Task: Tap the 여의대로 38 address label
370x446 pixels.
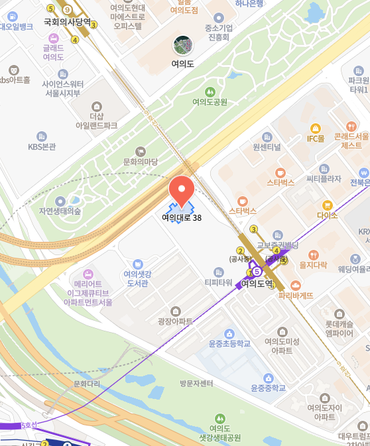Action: click(x=182, y=217)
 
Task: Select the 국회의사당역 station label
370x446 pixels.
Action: click(x=67, y=22)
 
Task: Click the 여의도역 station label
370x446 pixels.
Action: click(x=257, y=283)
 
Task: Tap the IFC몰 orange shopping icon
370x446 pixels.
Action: click(x=315, y=128)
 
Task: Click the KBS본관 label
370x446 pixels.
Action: click(x=42, y=146)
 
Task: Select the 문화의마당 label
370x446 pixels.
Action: click(x=141, y=161)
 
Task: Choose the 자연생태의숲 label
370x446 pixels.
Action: click(x=60, y=211)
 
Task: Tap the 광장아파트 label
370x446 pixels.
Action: click(x=175, y=321)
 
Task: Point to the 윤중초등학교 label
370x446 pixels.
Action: click(x=229, y=343)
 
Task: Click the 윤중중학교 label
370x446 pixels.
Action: click(x=268, y=388)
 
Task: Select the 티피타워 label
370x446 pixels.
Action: click(x=218, y=282)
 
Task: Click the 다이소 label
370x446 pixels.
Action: click(x=327, y=215)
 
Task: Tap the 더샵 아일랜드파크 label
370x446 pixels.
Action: click(x=96, y=120)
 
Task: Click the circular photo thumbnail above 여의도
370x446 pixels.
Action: click(x=182, y=46)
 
